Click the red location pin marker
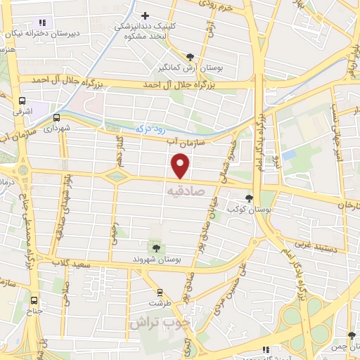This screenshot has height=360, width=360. click(x=181, y=166)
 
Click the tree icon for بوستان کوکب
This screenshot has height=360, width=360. click(x=249, y=198)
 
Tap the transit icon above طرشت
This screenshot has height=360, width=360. click(x=160, y=292)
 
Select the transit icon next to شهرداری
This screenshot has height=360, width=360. click(x=56, y=118)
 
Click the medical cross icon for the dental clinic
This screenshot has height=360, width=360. click(x=145, y=15)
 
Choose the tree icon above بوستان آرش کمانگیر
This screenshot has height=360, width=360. click(x=191, y=56)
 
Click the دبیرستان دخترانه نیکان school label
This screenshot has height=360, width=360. click(x=41, y=33)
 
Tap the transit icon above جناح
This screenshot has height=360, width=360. click(x=36, y=298)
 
